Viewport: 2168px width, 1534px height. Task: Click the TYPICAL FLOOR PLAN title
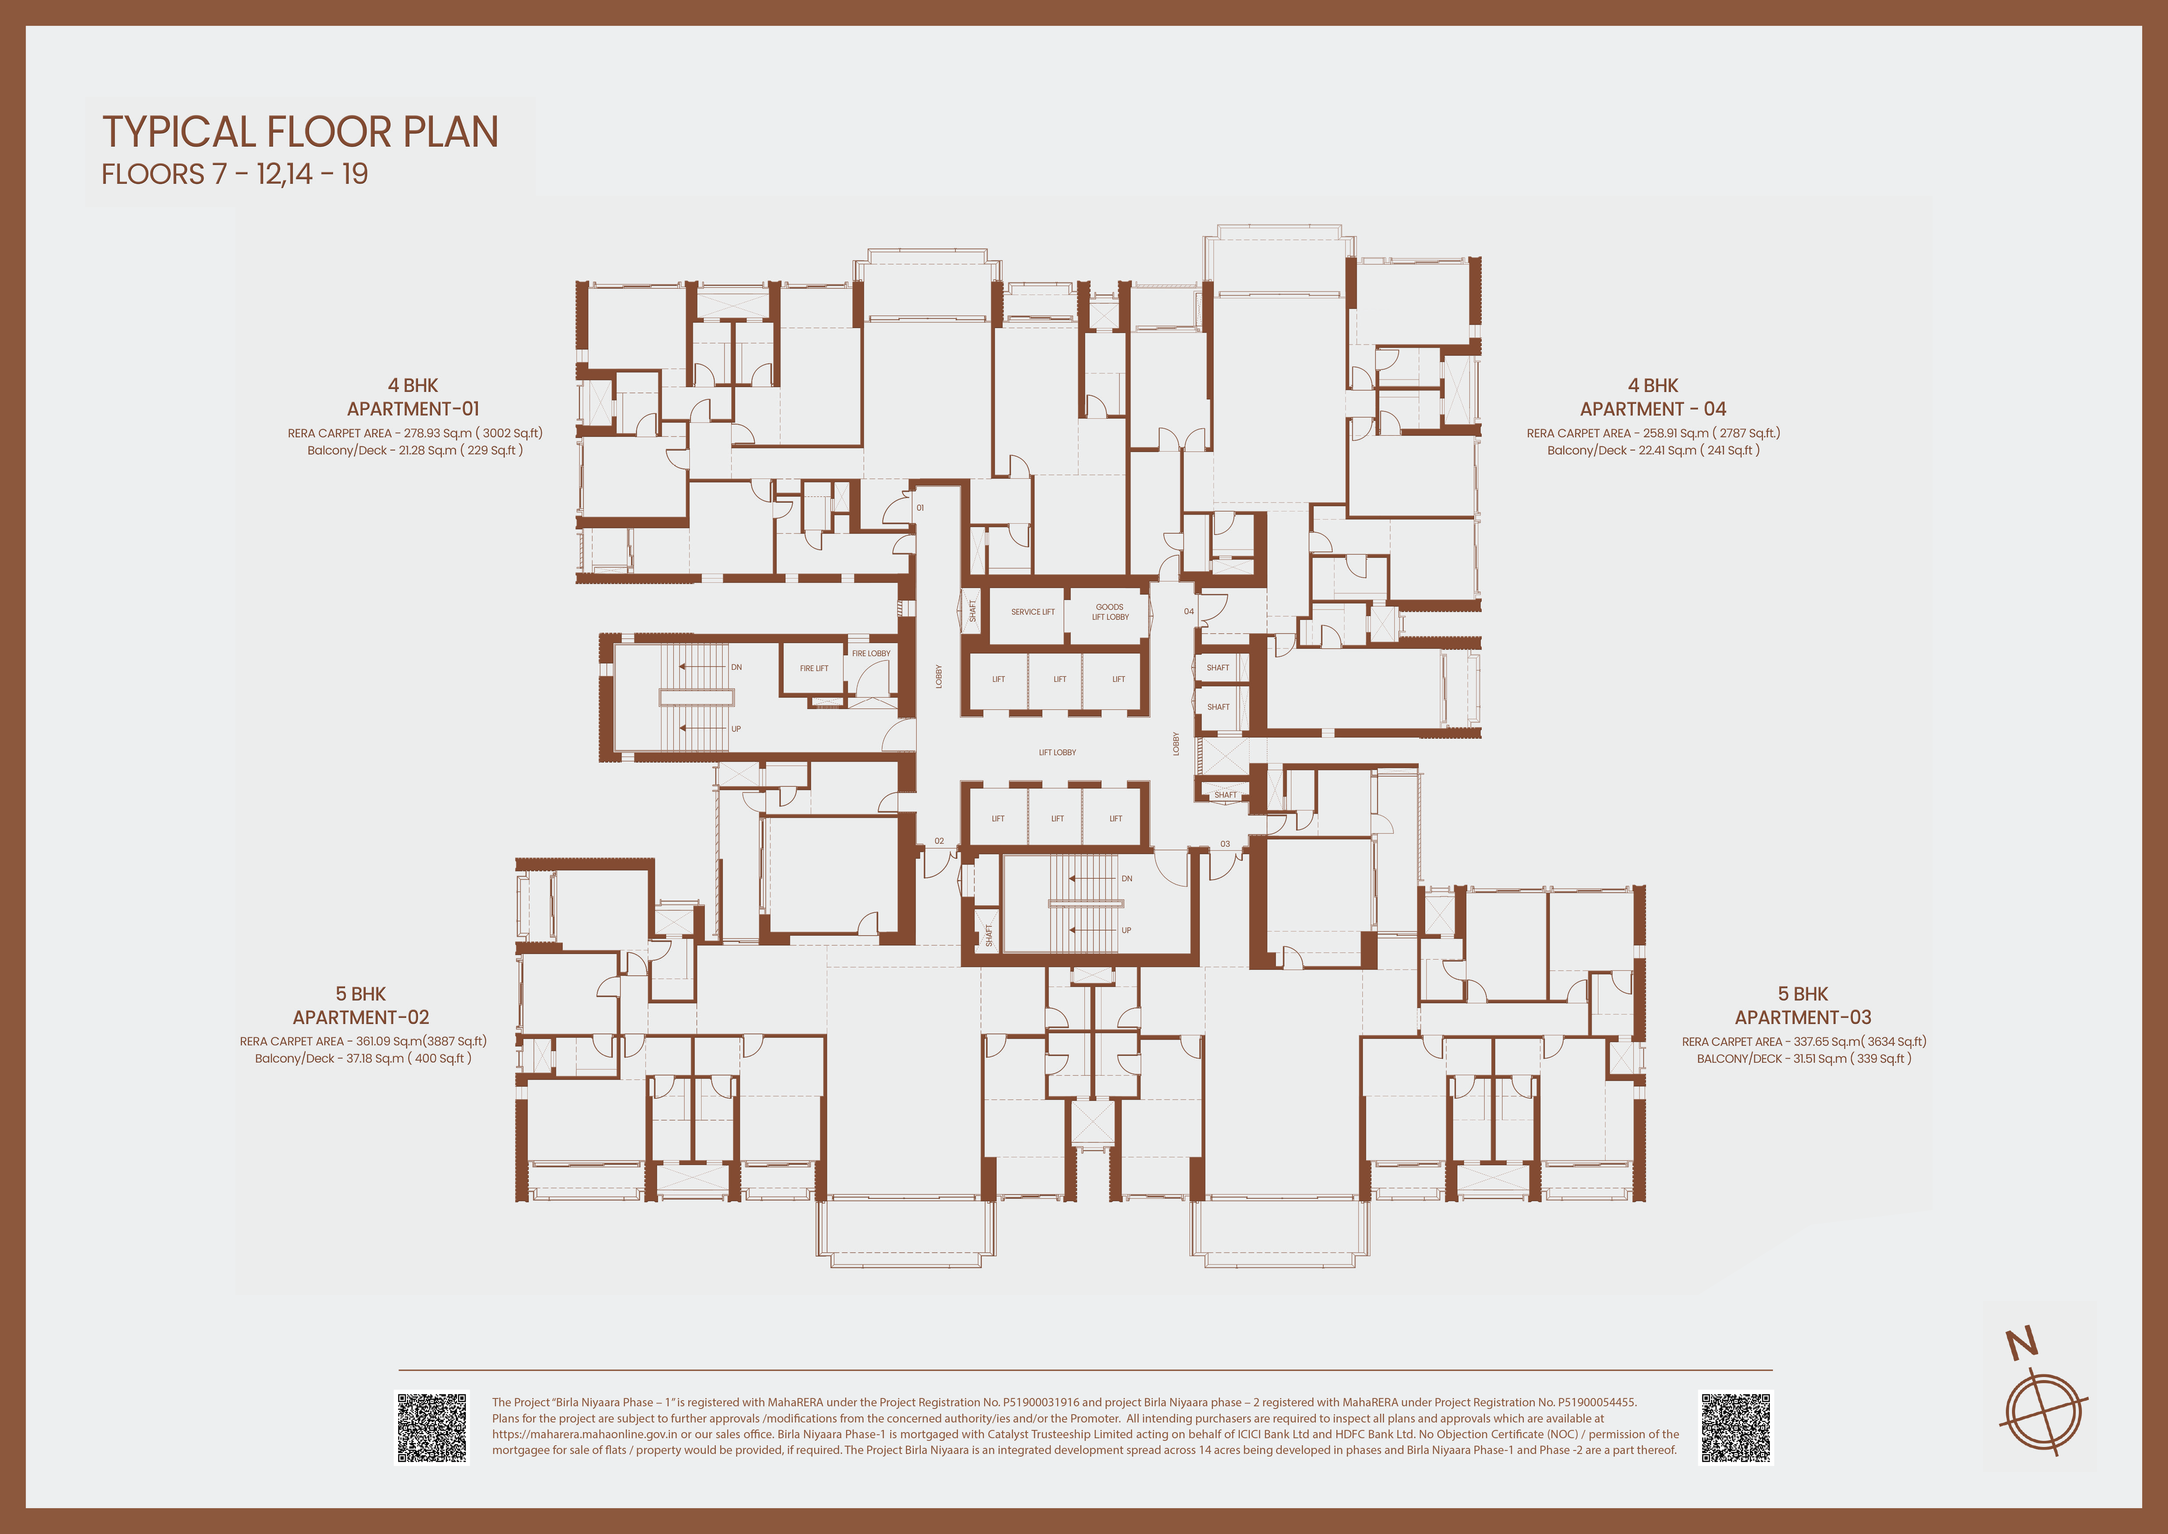300,132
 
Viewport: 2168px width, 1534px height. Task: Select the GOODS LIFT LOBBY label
1110,612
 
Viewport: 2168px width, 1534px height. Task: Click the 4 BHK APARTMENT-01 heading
413,397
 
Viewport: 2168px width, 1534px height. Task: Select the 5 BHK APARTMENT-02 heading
361,1005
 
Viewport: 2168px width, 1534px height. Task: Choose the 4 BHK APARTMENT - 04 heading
1653,397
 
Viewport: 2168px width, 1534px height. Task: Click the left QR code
431,1427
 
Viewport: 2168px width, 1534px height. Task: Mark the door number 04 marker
1189,611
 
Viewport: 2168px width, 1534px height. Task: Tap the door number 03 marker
1224,844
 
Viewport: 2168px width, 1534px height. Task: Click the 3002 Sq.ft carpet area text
510,433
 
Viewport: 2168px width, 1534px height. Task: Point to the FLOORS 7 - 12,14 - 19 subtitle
235,175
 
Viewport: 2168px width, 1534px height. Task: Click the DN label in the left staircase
736,667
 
